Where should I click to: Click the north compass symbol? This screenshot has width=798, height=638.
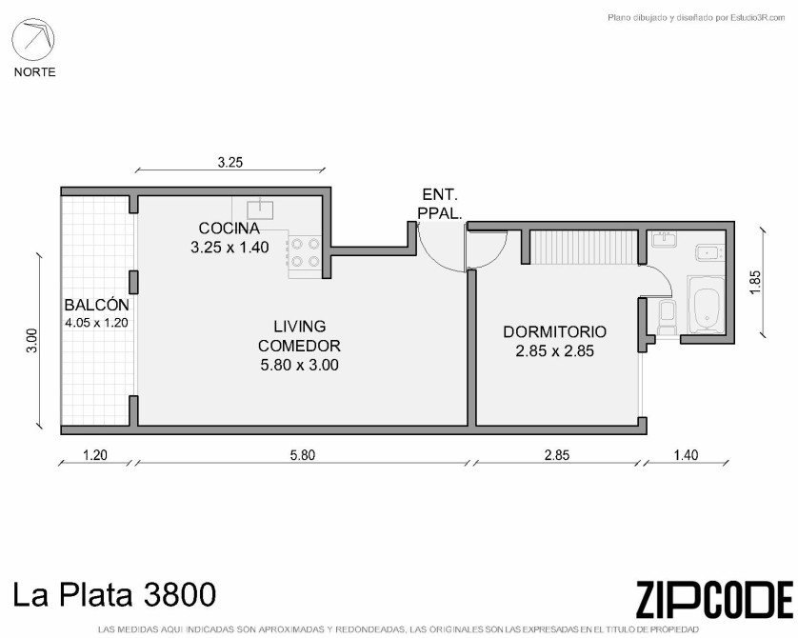[33, 39]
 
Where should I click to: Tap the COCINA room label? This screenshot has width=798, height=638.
[229, 228]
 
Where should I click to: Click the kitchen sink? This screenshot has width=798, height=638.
[260, 209]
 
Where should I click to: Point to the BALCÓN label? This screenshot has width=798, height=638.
[97, 306]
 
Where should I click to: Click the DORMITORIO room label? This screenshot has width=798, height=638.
[555, 331]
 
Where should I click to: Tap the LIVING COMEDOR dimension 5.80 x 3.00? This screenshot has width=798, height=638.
[299, 365]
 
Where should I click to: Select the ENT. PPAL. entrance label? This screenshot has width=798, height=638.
[440, 204]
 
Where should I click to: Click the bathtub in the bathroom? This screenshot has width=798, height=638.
[706, 305]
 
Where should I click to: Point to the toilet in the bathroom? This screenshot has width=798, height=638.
[667, 316]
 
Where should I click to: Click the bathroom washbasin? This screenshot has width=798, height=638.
[666, 239]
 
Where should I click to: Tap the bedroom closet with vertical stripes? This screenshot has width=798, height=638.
[584, 247]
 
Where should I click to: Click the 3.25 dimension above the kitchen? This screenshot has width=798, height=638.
[230, 162]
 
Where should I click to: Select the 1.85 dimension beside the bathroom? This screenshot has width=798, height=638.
[755, 281]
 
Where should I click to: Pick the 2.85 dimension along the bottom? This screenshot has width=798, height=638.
[557, 455]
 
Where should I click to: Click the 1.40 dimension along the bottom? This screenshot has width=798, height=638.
[686, 455]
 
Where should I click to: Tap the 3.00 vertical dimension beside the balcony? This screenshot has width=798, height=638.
[32, 341]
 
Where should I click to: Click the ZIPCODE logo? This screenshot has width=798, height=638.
[714, 600]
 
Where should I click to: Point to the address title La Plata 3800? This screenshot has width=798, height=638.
[114, 594]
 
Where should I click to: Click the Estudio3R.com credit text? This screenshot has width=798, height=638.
[696, 18]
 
